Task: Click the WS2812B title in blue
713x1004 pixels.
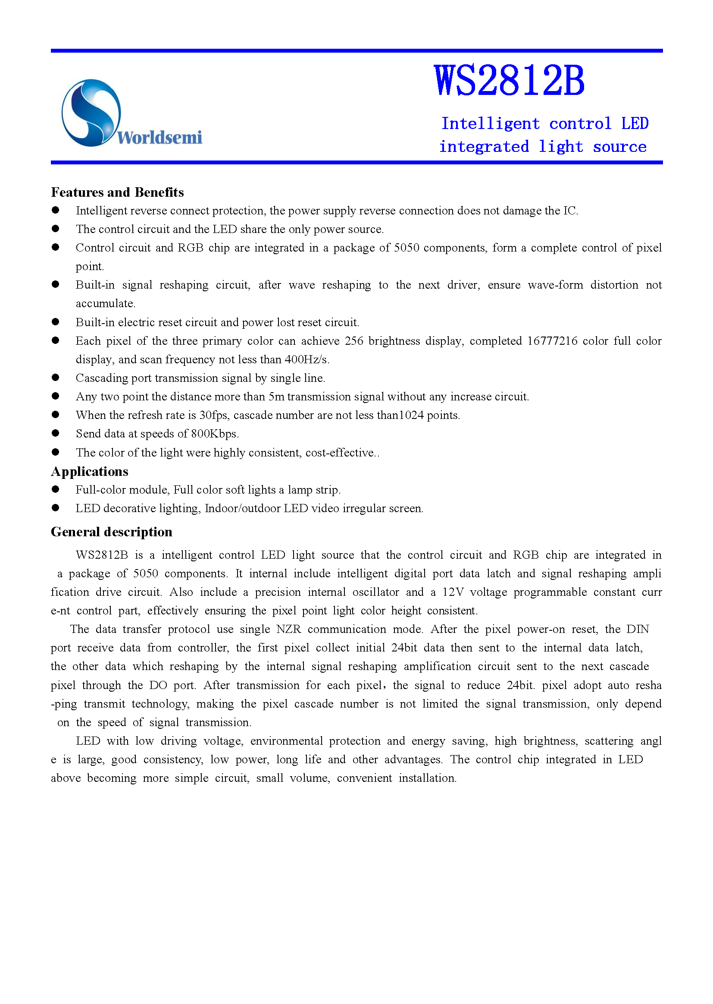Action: click(x=509, y=80)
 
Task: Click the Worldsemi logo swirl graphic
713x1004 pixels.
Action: click(x=91, y=113)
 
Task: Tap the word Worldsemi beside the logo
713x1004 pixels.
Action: click(x=159, y=138)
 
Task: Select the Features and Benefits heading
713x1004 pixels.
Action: click(x=117, y=192)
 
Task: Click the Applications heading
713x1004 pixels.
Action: click(x=90, y=472)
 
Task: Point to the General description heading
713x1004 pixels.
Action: click(x=112, y=532)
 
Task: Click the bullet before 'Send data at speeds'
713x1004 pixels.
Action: click(x=55, y=433)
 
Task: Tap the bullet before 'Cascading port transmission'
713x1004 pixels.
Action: click(x=55, y=378)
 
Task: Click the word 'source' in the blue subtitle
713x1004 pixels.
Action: click(x=619, y=147)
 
